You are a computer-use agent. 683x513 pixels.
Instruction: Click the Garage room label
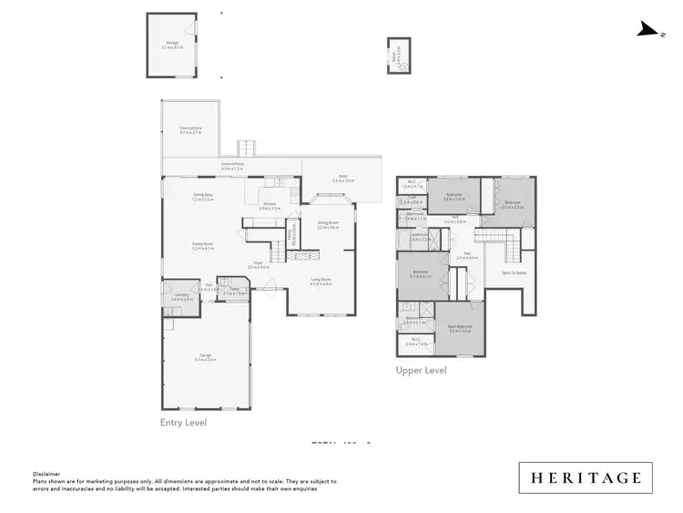[x=205, y=357]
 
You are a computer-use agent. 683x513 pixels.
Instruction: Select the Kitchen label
[x=269, y=206]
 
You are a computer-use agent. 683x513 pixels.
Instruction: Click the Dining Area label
[x=202, y=196]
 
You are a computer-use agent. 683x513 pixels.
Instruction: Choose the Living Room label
[x=321, y=281]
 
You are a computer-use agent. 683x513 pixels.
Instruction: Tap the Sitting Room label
[x=327, y=224]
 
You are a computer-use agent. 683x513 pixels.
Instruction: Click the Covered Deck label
[x=190, y=130]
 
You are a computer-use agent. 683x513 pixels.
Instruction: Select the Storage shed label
[x=172, y=45]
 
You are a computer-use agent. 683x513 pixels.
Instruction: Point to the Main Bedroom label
[x=460, y=329]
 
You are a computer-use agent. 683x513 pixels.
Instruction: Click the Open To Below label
[x=514, y=272]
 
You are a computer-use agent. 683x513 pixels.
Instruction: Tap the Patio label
[x=343, y=179]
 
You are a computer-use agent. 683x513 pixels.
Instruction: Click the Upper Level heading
[x=421, y=371]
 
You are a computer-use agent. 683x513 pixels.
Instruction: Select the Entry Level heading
[x=183, y=423]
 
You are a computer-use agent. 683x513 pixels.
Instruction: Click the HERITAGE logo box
[x=586, y=477]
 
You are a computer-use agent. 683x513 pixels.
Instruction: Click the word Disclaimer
[x=46, y=474]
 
